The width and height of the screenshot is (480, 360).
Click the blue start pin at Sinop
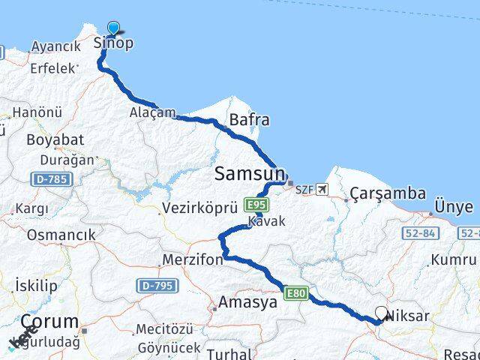(x=113, y=28)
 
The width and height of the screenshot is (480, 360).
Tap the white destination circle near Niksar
(x=381, y=313)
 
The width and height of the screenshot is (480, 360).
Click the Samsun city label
(x=247, y=174)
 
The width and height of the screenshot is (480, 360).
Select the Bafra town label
(x=250, y=120)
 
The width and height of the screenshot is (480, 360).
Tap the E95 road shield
(x=256, y=204)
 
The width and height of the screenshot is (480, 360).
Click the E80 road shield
(x=295, y=292)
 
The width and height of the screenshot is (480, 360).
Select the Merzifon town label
(x=192, y=260)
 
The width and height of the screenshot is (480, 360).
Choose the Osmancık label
(x=61, y=235)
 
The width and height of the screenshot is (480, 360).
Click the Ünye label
(x=454, y=207)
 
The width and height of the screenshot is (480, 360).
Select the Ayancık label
(x=55, y=46)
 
